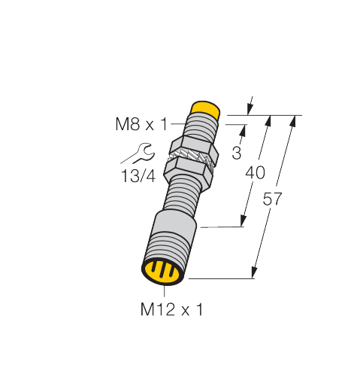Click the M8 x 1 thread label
pyautogui.click(x=141, y=124)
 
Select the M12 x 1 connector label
pyautogui.click(x=171, y=309)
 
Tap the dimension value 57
pyautogui.click(x=272, y=199)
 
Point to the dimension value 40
pyautogui.click(x=255, y=173)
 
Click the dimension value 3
pyautogui.click(x=237, y=153)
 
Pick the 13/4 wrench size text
pyautogui.click(x=138, y=176)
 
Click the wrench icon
pyautogui.click(x=138, y=153)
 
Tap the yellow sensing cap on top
pyautogui.click(x=205, y=109)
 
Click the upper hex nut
pyautogui.click(x=194, y=148)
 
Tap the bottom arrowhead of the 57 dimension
pyautogui.click(x=254, y=273)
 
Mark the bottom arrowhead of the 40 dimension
pyautogui.click(x=243, y=221)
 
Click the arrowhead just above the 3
pyautogui.click(x=243, y=130)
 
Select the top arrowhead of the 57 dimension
pyautogui.click(x=293, y=121)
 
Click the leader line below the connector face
pyautogui.click(x=165, y=291)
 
